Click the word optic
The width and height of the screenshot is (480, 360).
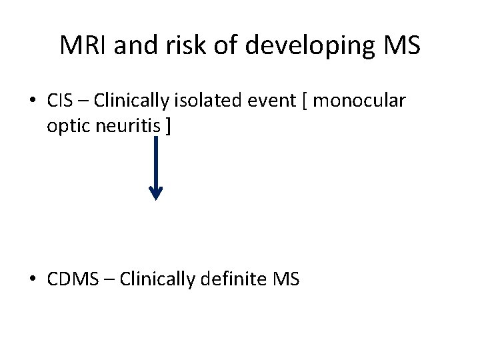pos(65,127)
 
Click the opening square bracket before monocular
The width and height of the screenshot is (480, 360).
pos(305,102)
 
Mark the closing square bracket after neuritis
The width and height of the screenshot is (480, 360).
pos(167,127)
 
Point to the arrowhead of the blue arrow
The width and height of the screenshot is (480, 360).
pos(155,193)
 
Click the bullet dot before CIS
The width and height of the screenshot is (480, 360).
pos(32,102)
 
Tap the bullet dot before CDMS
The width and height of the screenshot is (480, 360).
pos(32,279)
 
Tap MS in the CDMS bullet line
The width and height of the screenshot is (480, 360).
pos(287,279)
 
